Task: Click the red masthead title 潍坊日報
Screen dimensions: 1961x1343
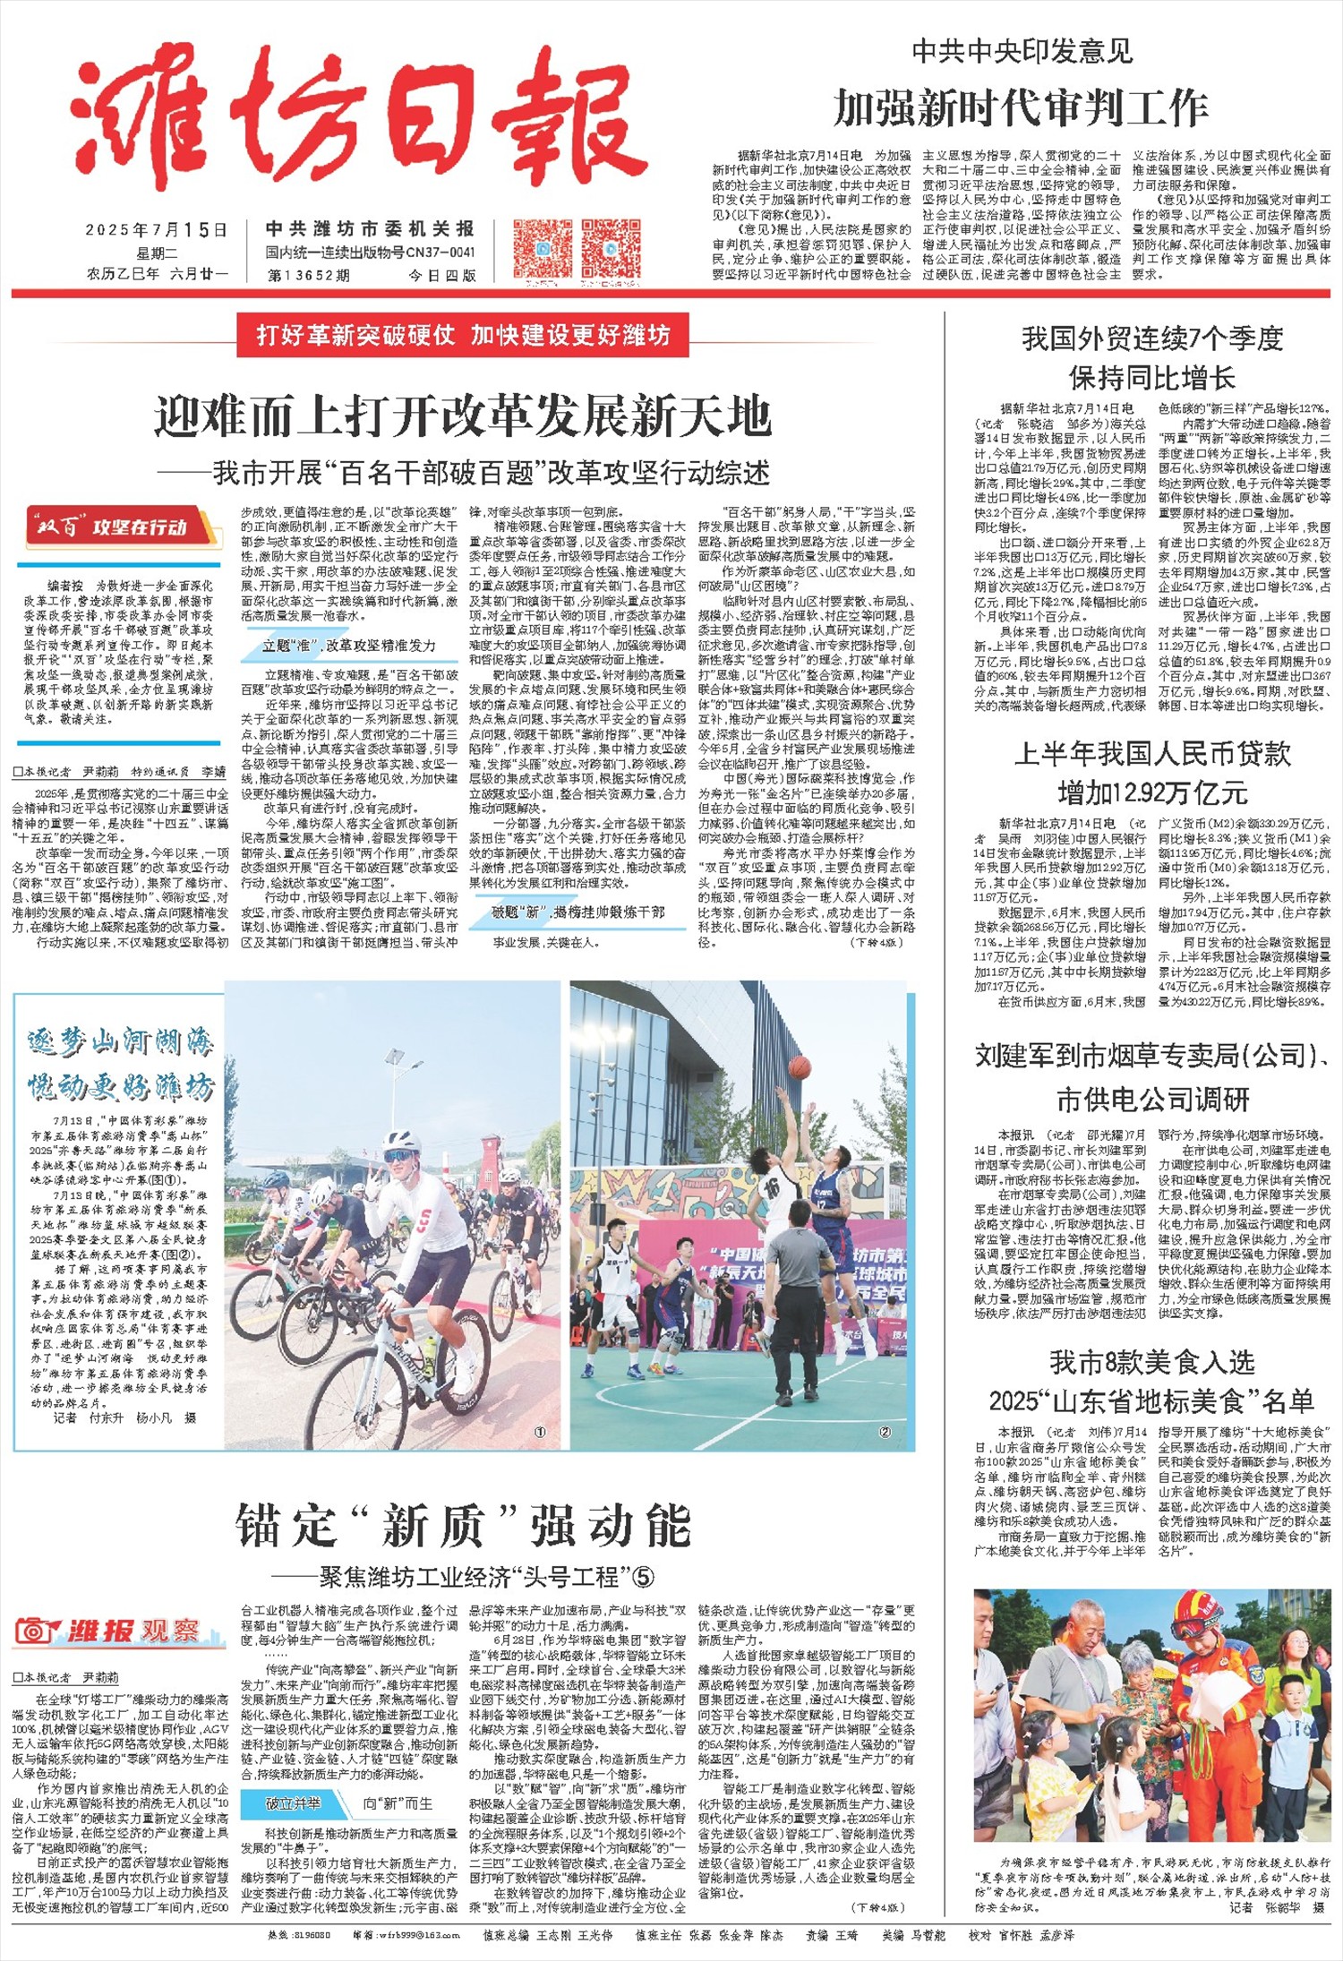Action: [358, 125]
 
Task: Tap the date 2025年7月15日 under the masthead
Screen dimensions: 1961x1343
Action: [157, 230]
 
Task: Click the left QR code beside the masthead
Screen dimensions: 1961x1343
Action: [543, 248]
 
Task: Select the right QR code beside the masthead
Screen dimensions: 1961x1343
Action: [612, 248]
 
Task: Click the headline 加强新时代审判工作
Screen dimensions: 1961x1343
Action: [1021, 108]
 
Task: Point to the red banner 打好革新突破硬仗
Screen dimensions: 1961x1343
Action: [463, 336]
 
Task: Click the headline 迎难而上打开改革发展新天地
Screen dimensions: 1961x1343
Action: [462, 415]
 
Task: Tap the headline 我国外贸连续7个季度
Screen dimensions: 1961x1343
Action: [1152, 338]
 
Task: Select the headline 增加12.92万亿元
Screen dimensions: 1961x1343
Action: [1152, 792]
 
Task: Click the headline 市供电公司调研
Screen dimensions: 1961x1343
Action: [1152, 1099]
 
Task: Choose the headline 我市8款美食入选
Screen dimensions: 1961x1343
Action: [1152, 1363]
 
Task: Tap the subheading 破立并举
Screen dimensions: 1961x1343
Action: [292, 1803]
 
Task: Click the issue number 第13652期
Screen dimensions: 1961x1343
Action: [308, 275]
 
